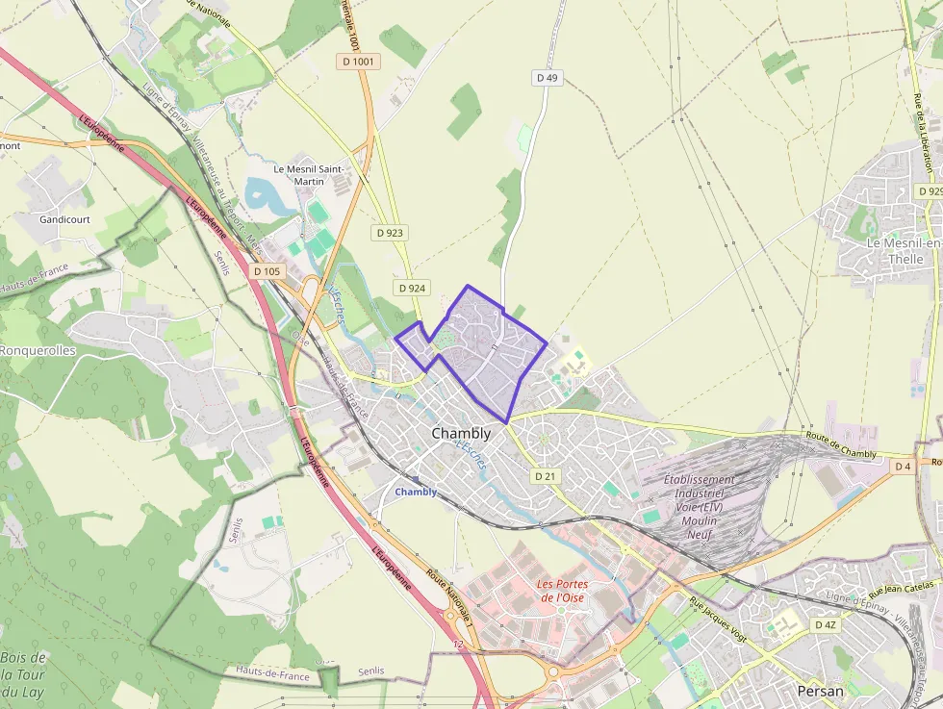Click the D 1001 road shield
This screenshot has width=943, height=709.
(360, 62)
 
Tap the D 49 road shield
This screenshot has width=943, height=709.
(547, 77)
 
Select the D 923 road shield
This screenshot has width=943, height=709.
(390, 233)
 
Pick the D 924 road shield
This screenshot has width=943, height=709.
(411, 288)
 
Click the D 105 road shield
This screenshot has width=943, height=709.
(268, 271)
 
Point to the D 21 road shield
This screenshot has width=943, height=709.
(545, 476)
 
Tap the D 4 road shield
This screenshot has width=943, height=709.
(902, 467)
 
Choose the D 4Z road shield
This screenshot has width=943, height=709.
(826, 624)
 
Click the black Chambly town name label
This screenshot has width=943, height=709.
(461, 434)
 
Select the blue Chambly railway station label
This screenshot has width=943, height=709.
(416, 492)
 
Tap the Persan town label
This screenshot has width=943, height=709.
(821, 691)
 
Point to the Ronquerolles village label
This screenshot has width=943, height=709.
(37, 351)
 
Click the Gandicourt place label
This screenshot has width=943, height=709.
(64, 219)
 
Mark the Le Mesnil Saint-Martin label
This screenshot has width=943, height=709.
(308, 174)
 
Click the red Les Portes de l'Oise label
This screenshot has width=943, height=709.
(561, 591)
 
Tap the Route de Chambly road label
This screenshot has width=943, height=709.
(841, 444)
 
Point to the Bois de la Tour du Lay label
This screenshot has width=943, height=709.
(23, 674)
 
